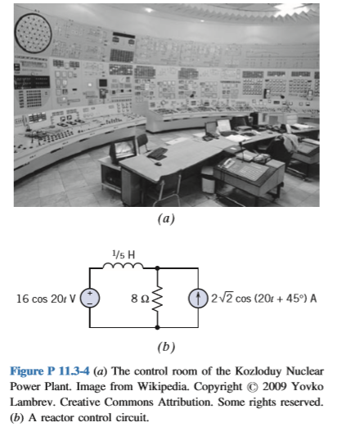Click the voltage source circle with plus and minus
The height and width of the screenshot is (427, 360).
coord(90,298)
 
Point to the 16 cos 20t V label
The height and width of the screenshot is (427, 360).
coord(47,298)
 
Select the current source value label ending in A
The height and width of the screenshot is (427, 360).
coord(263,298)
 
